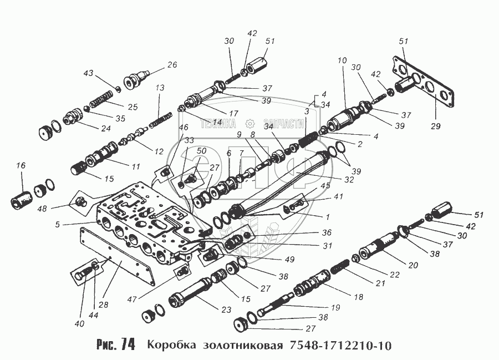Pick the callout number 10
tap(342, 59)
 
